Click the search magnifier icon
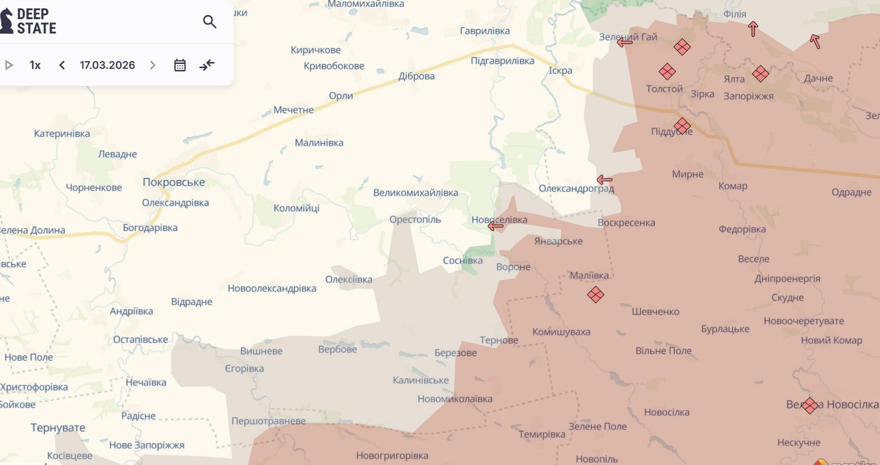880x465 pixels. (209, 21)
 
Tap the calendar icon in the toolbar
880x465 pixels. (180, 65)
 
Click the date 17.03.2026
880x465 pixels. (107, 65)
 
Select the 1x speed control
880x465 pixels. (35, 65)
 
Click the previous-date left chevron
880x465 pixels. (62, 65)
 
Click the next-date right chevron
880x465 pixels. (152, 65)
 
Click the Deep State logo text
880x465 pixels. (36, 21)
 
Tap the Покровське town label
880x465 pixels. (173, 182)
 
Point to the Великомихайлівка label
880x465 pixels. (415, 193)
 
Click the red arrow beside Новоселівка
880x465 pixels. (495, 226)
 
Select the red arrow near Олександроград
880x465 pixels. (604, 180)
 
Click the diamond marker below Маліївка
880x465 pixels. (596, 295)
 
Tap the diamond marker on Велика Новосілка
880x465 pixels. (810, 405)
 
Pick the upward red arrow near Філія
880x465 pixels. (753, 29)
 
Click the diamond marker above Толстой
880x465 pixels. (667, 72)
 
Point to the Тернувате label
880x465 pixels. (58, 428)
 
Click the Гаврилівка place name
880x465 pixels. (485, 31)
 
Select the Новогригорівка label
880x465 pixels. (392, 456)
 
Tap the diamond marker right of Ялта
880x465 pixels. (760, 74)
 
